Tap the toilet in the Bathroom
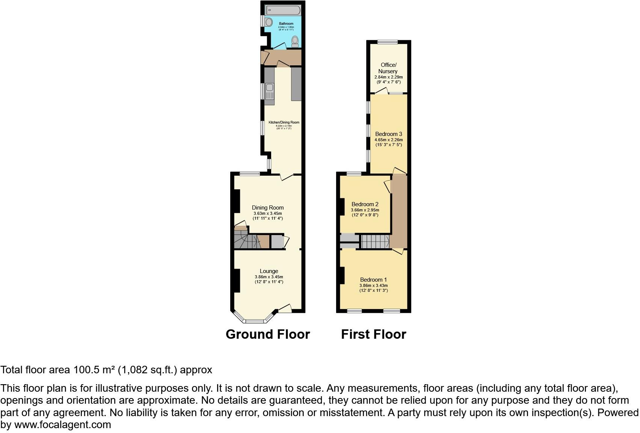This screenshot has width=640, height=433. tap(295, 41)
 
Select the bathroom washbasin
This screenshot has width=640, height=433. tap(268, 22)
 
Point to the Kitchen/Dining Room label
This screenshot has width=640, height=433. tap(284, 122)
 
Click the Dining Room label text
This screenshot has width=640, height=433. tap(267, 208)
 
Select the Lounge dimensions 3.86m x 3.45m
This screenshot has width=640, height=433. tap(269, 277)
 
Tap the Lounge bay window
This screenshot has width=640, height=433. tap(255, 321)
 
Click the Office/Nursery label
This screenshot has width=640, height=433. tap(388, 68)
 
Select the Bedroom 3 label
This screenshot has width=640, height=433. tap(388, 134)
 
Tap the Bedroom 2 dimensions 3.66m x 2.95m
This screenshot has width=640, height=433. tap(365, 210)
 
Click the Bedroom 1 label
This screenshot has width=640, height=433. tap(373, 280)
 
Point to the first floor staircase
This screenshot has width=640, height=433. tap(375, 241)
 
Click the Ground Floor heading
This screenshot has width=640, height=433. tap(267, 334)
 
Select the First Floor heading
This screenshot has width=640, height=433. tap(373, 334)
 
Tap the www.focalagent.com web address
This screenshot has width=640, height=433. tap(62, 425)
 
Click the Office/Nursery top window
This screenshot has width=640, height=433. tap(388, 42)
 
